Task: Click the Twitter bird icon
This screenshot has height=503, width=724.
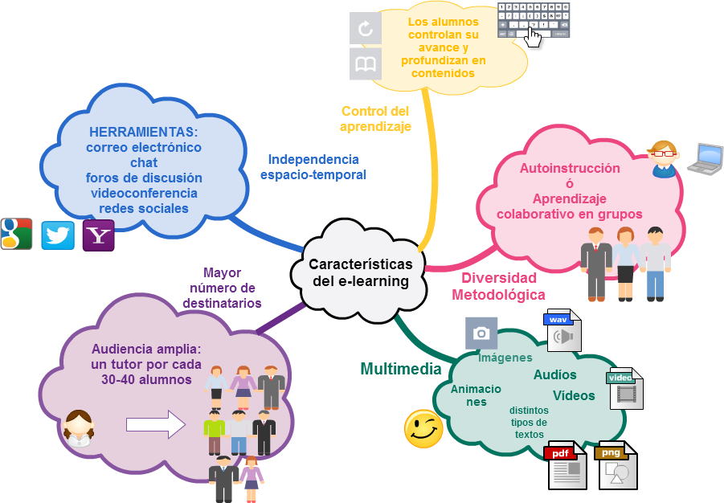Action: pos(58,235)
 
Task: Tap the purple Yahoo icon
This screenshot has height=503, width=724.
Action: pos(99,235)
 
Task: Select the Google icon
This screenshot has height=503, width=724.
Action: pos(16,235)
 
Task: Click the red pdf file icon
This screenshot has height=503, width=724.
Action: pos(566,465)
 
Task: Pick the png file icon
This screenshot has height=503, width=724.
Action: pos(616,465)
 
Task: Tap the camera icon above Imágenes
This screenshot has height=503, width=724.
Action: pos(481,333)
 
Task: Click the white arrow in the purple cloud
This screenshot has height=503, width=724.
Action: pos(156,424)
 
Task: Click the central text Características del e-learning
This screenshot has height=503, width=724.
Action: pos(361,272)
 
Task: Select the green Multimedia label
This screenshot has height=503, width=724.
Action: pos(400,369)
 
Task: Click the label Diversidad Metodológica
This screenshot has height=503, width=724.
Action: pos(498,286)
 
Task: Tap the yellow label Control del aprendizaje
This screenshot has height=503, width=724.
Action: pos(375,119)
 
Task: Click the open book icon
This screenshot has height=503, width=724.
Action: pos(366,63)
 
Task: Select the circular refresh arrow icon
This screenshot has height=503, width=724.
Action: pos(366,29)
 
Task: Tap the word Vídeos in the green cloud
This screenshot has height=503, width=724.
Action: pos(574,395)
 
